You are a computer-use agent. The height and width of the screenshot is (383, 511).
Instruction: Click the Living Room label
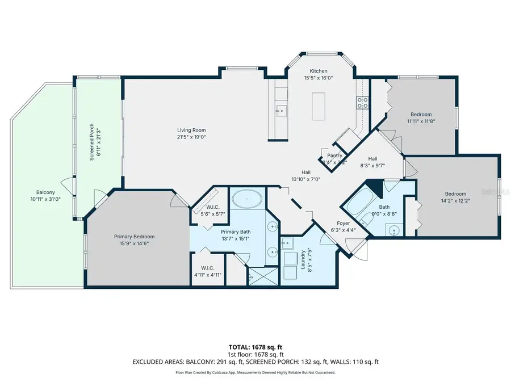coord(191,130)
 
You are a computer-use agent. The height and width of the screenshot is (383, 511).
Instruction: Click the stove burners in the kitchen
coord(362,102)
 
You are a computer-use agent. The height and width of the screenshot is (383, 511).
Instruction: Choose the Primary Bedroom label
coord(134,237)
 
